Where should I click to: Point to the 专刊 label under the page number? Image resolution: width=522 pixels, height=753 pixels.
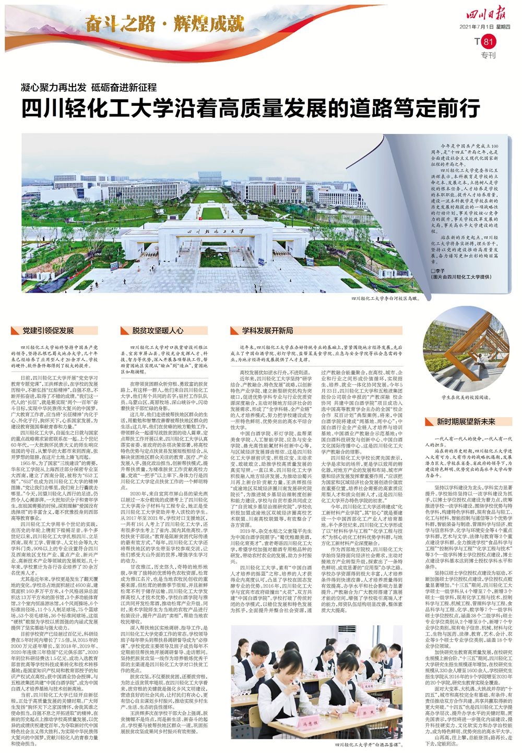pyautogui.click(x=488, y=55)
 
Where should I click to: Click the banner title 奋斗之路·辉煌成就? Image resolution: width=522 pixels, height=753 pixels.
pyautogui.click(x=165, y=23)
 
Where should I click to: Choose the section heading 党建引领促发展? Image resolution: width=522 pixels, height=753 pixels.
pyautogui.click(x=48, y=331)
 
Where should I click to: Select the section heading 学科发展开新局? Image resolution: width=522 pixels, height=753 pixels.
pyautogui.click(x=267, y=331)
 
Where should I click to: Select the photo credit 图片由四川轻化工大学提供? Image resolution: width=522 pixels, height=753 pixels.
pyautogui.click(x=461, y=277)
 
